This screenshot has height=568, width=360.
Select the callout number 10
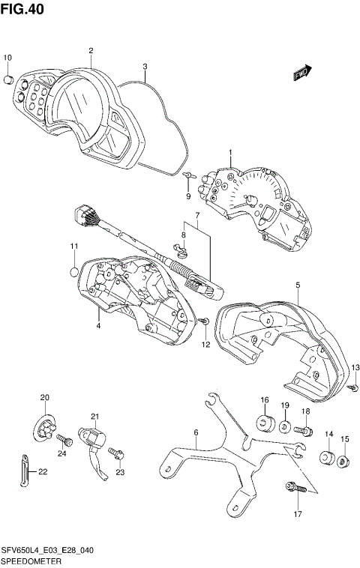point(8,58)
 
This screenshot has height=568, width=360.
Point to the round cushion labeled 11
point(74,272)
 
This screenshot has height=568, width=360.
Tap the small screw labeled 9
point(188,175)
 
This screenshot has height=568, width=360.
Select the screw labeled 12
point(204,321)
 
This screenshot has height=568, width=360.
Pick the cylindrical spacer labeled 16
point(265,422)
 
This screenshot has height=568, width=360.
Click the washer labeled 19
point(285,427)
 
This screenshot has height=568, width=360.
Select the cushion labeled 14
point(327,457)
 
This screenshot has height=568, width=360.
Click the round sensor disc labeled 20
point(46,426)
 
